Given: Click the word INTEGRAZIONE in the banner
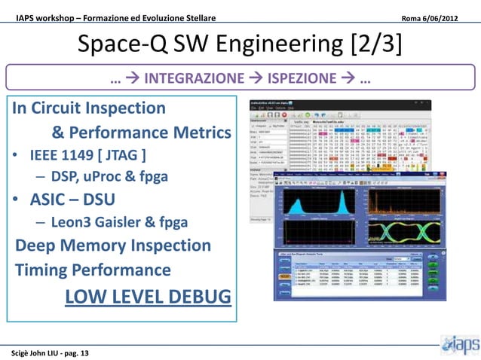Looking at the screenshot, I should (x=194, y=78).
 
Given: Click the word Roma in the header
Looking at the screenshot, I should (x=412, y=17).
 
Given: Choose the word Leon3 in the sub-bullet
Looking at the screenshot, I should (x=73, y=222).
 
